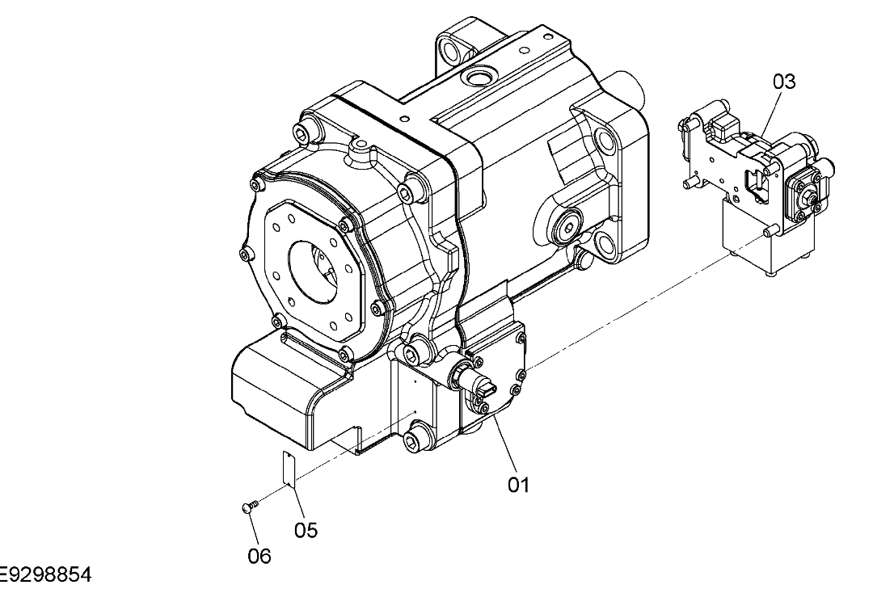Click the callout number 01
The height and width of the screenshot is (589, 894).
[518, 485]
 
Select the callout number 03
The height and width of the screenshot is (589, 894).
[784, 82]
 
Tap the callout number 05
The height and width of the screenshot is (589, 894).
[306, 530]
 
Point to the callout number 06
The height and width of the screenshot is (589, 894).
[259, 556]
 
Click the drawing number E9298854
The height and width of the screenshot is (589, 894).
[45, 575]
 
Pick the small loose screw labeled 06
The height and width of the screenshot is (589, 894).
[249, 507]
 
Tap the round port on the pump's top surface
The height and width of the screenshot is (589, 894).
[477, 79]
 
